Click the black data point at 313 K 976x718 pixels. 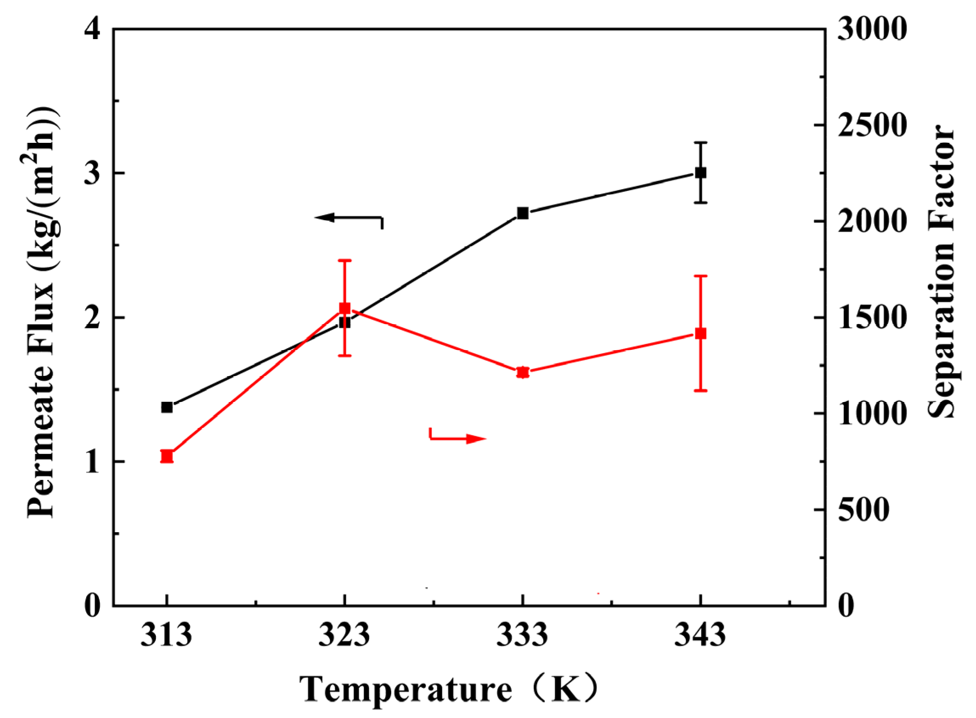[167, 407]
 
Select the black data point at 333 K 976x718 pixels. [523, 213]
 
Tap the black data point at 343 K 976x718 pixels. [701, 173]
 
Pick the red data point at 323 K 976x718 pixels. [345, 308]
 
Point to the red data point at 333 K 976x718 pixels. [523, 372]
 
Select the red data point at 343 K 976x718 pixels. [701, 333]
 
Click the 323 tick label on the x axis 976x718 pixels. [344, 635]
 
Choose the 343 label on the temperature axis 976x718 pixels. [700, 635]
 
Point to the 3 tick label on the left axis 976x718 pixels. [93, 173]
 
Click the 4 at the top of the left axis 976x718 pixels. [93, 30]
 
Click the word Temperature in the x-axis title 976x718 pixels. [406, 690]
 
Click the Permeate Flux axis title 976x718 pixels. [41, 313]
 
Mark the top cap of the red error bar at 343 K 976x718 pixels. [701, 275]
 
